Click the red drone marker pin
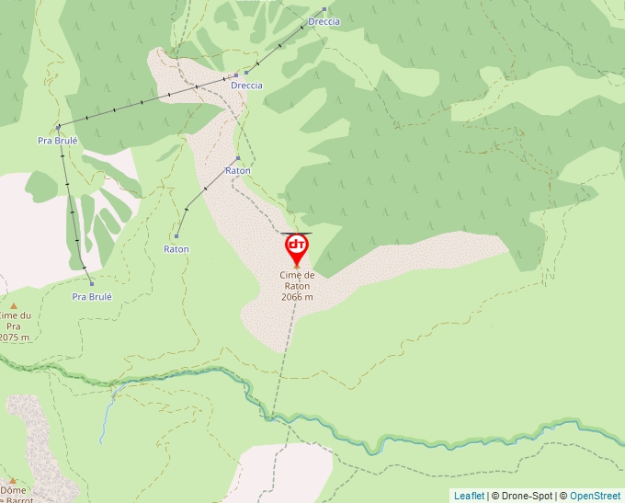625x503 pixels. coord(296,246)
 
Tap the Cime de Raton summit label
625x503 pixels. coord(298,280)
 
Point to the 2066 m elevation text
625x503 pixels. coord(298,297)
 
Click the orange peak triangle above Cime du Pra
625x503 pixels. coord(14,305)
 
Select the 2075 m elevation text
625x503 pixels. coord(17,337)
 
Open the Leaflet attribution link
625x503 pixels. coord(469,496)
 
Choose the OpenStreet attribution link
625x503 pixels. coord(596,496)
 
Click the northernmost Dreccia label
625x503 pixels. coord(324,21)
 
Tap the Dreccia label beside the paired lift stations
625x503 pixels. coord(246,86)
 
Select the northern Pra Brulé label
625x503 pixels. coord(58,141)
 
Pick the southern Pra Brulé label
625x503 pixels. coord(92,297)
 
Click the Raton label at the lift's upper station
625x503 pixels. coord(237,171)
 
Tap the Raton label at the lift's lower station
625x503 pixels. coord(176,249)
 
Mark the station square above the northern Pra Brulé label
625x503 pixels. coord(58,127)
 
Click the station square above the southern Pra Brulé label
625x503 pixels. coord(91,283)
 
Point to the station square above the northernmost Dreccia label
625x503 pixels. coord(324,9)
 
